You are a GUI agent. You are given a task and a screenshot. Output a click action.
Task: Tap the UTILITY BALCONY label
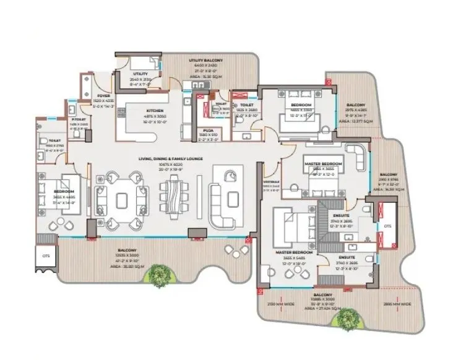point(205,60)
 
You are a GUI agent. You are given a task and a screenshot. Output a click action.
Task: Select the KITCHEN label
point(137,111)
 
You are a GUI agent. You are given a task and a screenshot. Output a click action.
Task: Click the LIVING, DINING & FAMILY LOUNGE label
point(163,158)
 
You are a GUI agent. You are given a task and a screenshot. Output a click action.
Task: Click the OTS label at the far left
point(46,254)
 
